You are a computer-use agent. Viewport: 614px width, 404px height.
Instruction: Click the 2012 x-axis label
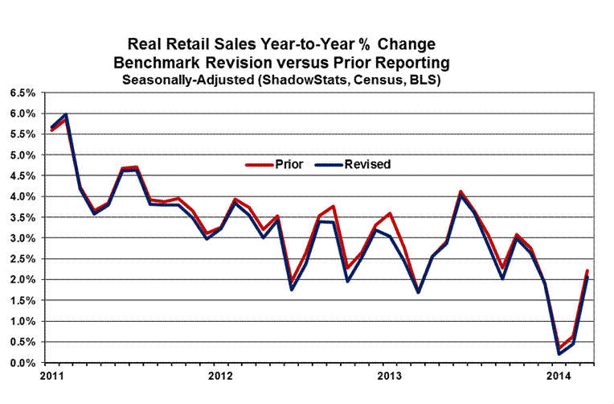[219, 376]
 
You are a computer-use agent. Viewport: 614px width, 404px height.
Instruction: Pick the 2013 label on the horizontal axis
[389, 376]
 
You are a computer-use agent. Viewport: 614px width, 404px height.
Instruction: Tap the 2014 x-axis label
[558, 376]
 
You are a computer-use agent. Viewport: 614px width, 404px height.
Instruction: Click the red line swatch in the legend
[256, 164]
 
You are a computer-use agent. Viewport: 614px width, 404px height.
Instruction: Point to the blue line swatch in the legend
[330, 164]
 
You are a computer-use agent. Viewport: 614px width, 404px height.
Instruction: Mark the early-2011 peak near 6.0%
[65, 115]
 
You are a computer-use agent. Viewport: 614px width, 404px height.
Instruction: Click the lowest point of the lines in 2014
[557, 353]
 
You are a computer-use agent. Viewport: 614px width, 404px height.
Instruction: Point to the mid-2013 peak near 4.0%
[460, 194]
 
